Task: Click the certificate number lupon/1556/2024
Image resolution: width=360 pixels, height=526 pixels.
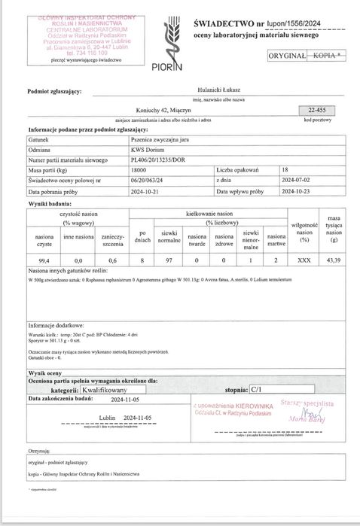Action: (x=289, y=24)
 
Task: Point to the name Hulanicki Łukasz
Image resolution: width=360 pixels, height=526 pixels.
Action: (x=179, y=93)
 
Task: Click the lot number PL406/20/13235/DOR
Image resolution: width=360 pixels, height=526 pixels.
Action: (x=159, y=160)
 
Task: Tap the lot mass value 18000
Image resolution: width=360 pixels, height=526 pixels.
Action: (x=140, y=171)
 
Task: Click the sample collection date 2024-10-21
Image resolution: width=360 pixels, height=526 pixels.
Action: (x=147, y=191)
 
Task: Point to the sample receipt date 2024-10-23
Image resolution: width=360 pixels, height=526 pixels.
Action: (x=297, y=191)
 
